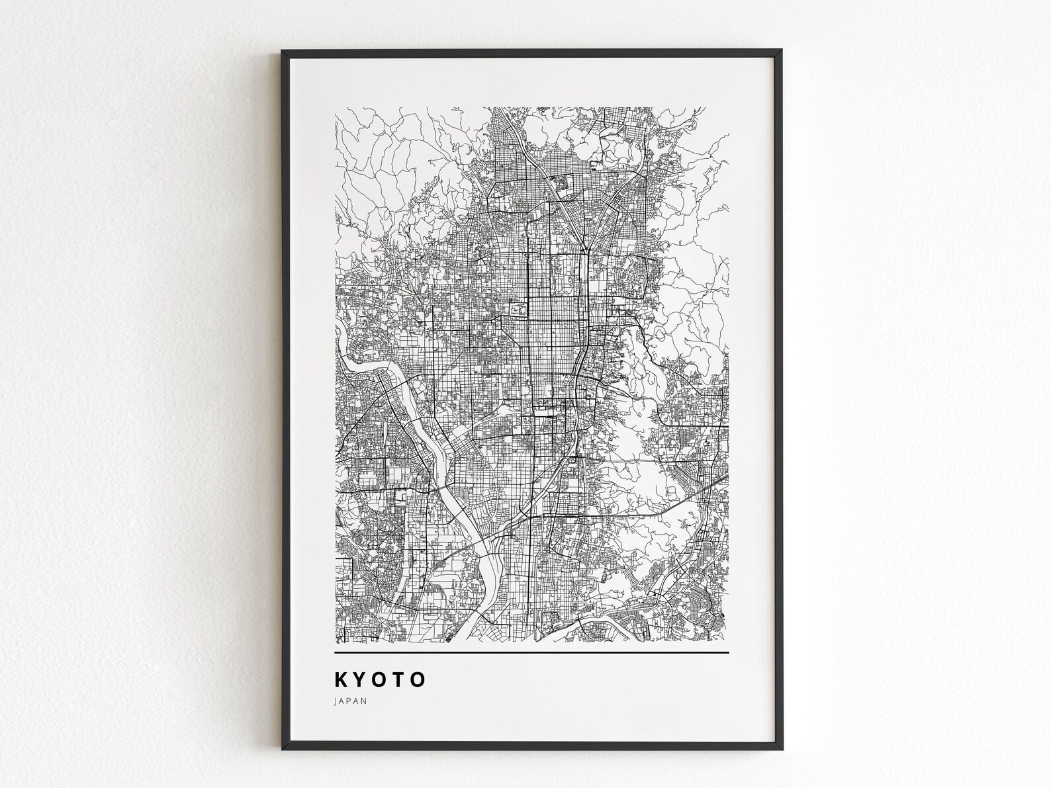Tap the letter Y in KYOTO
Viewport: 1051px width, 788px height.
tap(363, 679)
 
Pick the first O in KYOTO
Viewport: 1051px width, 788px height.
tap(382, 679)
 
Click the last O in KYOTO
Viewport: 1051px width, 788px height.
tap(418, 679)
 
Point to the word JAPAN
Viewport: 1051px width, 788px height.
tap(351, 701)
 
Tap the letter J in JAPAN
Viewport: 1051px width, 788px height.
tap(337, 701)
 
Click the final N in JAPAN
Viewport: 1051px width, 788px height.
tap(365, 701)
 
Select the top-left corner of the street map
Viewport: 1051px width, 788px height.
tap(336, 108)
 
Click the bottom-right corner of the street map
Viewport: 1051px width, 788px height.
tap(728, 642)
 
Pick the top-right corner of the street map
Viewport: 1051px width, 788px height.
tap(728, 108)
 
